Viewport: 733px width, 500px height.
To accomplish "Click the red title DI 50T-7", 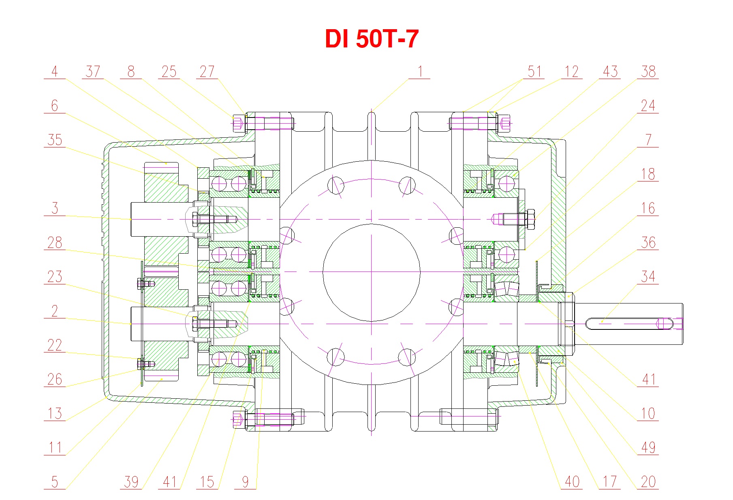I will [372, 39].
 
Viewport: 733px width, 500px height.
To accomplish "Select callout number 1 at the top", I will [420, 72].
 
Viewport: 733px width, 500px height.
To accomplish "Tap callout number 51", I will [534, 72].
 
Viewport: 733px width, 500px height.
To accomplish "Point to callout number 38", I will [648, 72].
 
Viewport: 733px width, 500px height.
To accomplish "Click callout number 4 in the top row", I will [55, 72].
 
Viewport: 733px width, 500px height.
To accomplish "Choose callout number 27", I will [207, 72].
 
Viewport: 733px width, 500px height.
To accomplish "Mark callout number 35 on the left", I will [55, 140].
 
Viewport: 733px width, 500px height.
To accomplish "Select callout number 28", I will [55, 243].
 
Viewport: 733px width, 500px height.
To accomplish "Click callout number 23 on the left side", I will [55, 277].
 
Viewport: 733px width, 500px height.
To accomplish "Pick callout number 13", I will [55, 414].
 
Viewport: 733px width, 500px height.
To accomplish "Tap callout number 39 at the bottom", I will [131, 482].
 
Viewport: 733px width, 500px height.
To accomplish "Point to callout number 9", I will [245, 482].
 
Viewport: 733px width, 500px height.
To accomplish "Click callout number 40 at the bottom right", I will [572, 482].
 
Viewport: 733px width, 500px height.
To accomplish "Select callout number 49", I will [648, 448].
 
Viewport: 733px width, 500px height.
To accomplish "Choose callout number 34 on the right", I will [648, 277].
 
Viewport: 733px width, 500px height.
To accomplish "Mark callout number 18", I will [648, 174].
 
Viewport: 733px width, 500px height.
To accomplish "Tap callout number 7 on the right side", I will [648, 140].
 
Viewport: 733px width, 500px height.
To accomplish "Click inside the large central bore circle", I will [371, 272].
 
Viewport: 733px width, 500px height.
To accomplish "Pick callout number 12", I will [572, 72].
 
